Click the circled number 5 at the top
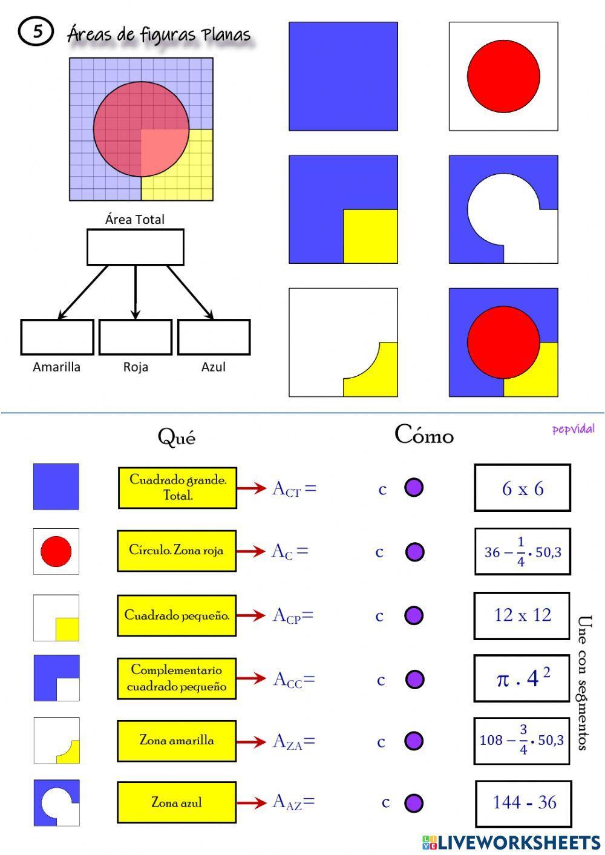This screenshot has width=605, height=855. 36,31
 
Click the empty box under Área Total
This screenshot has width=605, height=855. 136,247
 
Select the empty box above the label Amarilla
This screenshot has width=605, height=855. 57,337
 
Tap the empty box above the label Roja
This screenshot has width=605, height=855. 136,337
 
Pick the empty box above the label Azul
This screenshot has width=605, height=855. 214,337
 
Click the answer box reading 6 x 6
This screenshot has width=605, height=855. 523,488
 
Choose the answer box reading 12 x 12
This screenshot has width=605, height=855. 522,615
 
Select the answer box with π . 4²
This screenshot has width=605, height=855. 522,678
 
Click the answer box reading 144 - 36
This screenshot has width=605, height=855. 524,803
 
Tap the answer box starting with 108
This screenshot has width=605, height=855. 522,741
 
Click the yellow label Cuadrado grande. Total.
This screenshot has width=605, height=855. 177,488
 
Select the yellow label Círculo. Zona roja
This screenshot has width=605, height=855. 177,551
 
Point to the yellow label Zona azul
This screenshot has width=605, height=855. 177,802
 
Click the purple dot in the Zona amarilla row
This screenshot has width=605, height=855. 414,741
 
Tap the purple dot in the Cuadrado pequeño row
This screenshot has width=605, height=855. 414,615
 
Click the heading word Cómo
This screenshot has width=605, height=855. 424,434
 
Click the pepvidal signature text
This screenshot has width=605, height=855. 574,430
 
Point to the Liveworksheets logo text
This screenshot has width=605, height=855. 511,842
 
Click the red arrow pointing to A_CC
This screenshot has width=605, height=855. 251,678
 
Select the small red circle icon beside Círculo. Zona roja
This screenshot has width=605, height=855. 56,551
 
